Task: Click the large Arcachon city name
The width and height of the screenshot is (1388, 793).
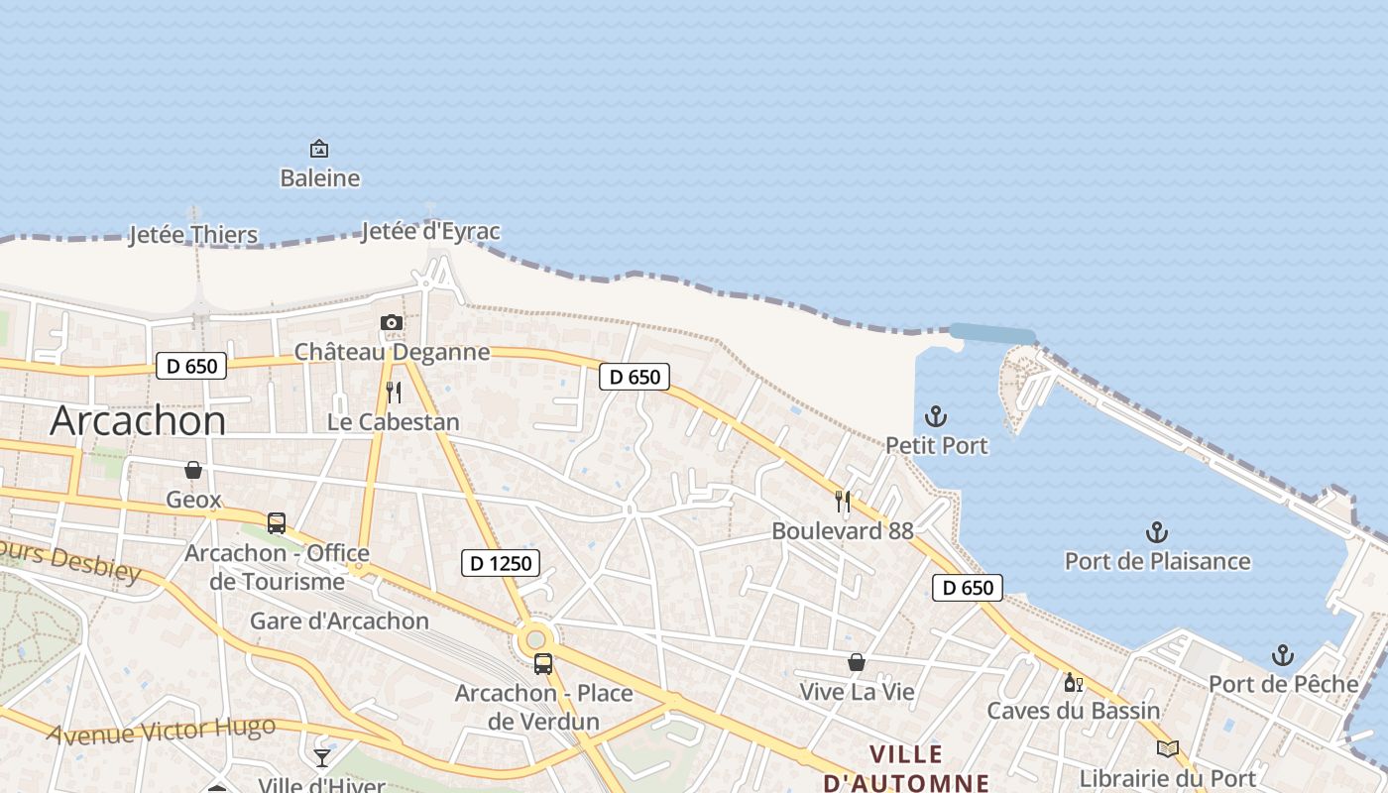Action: point(138,420)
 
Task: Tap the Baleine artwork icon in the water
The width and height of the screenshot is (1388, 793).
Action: point(319,150)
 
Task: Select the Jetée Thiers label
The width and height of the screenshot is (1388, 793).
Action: point(193,235)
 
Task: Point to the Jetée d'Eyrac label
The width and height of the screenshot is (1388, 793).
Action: point(430,232)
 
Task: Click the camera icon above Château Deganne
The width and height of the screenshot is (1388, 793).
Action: point(392,322)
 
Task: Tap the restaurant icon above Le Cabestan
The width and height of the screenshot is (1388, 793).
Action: point(394,393)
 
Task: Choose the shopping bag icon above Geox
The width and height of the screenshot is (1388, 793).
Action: point(193,470)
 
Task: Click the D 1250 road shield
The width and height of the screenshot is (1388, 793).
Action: point(502,563)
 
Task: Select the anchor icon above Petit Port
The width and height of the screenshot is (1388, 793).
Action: point(936,416)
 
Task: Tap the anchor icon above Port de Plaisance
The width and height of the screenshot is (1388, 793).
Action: point(1157,532)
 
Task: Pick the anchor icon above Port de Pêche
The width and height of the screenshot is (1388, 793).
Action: point(1283,655)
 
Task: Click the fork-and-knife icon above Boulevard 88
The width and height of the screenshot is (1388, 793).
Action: point(843,502)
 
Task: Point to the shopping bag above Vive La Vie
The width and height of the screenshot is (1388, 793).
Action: point(857,662)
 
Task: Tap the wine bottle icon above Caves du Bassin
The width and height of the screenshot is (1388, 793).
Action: point(1073,682)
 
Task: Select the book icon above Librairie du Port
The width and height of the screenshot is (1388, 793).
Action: point(1168,749)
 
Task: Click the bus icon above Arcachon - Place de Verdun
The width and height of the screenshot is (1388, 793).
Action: point(543,664)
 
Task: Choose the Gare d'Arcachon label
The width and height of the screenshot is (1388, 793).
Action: point(339,622)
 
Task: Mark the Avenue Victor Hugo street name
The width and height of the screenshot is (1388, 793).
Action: point(161,732)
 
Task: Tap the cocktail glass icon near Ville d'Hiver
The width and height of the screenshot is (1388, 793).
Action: point(322,757)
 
